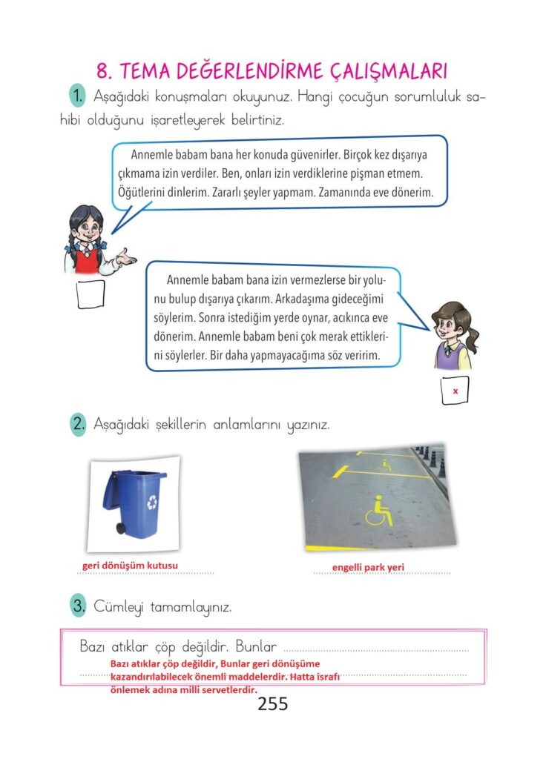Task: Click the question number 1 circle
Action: click(x=76, y=96)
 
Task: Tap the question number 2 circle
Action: click(x=78, y=425)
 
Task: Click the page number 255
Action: click(x=273, y=703)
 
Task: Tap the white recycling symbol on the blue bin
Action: click(x=153, y=502)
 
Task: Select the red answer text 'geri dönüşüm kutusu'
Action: click(x=130, y=567)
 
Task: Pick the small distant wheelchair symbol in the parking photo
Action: click(x=386, y=465)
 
